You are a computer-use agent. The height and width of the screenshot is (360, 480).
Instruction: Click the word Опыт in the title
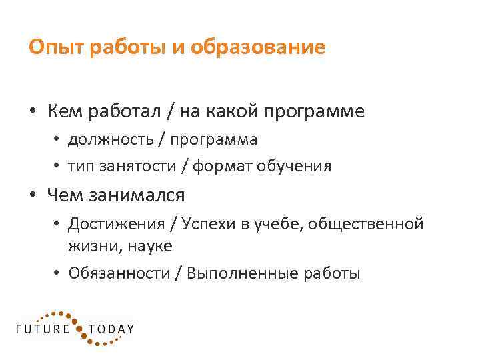coord(51,48)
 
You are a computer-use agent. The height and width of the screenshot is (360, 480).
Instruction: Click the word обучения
coord(295,165)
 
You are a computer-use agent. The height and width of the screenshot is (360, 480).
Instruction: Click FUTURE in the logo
coord(43,329)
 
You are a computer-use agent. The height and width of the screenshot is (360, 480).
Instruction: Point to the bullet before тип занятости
coord(59,166)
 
